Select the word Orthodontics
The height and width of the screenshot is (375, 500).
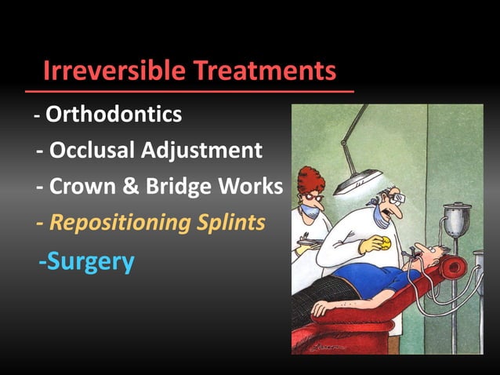(x=114, y=115)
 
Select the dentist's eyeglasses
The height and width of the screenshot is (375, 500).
(x=397, y=201)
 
